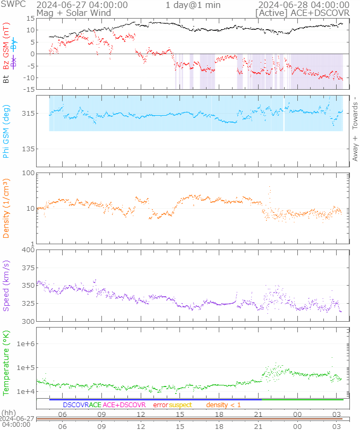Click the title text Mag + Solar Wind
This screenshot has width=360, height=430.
(73, 12)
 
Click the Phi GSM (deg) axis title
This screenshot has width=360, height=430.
(6, 131)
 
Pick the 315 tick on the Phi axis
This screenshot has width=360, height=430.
(28, 114)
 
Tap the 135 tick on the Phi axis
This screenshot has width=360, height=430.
(28, 149)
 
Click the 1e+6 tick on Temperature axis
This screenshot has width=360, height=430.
(25, 344)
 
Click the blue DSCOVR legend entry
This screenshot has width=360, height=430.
(75, 405)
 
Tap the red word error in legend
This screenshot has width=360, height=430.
(161, 405)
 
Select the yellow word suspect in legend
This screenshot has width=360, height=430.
(181, 405)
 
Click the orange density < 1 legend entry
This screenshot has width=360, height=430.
(224, 405)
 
